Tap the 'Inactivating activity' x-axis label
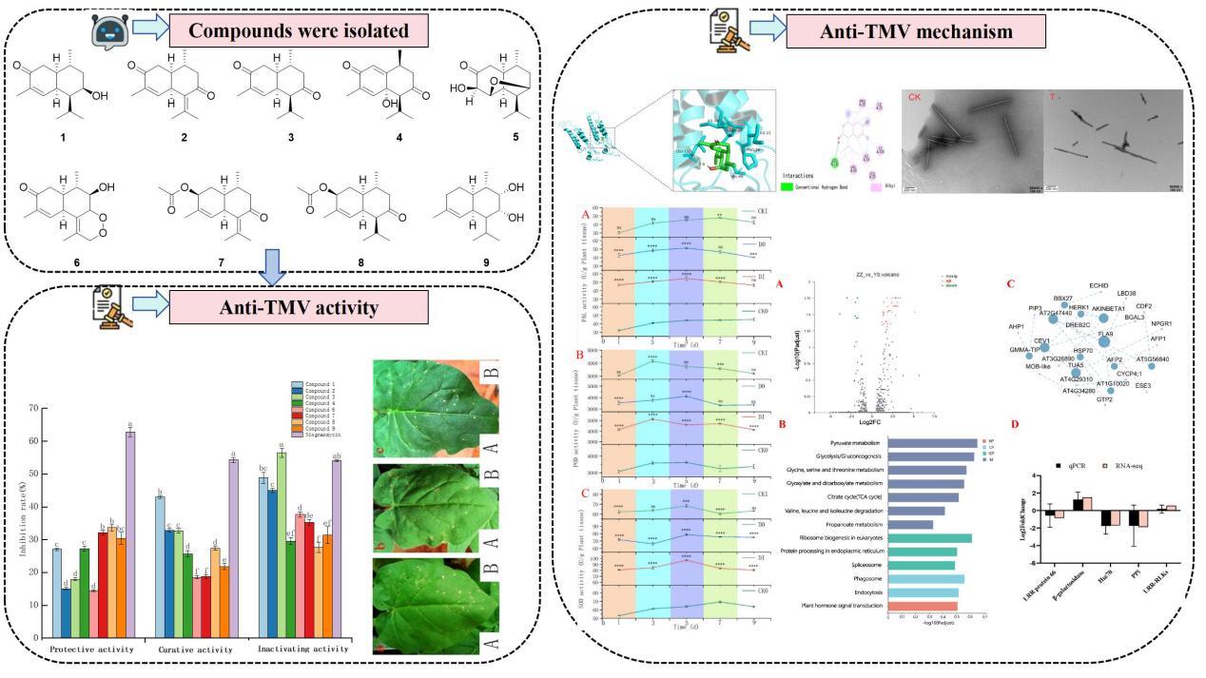(x=301, y=648)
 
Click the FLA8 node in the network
(x=1104, y=334)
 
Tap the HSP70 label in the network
(x=1082, y=350)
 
